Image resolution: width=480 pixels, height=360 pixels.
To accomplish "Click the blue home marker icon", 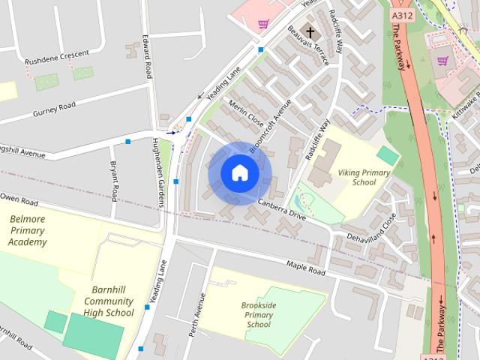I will coord(239,173).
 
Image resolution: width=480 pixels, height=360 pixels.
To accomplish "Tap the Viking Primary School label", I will coord(364,177).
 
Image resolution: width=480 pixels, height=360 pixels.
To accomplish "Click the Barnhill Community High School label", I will coord(109,301).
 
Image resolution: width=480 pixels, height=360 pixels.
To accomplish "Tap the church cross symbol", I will coord(310,34).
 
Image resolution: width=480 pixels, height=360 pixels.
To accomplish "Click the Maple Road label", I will coord(306,265).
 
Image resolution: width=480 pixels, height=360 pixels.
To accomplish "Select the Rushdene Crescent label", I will coord(56,54).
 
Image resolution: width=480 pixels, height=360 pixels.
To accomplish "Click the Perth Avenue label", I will coord(196,314).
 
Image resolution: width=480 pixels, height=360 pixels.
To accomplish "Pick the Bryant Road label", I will coord(113,180).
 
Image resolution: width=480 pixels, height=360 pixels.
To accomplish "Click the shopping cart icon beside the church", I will coord(263,24).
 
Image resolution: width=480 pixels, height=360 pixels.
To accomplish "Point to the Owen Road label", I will coord(19,202).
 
